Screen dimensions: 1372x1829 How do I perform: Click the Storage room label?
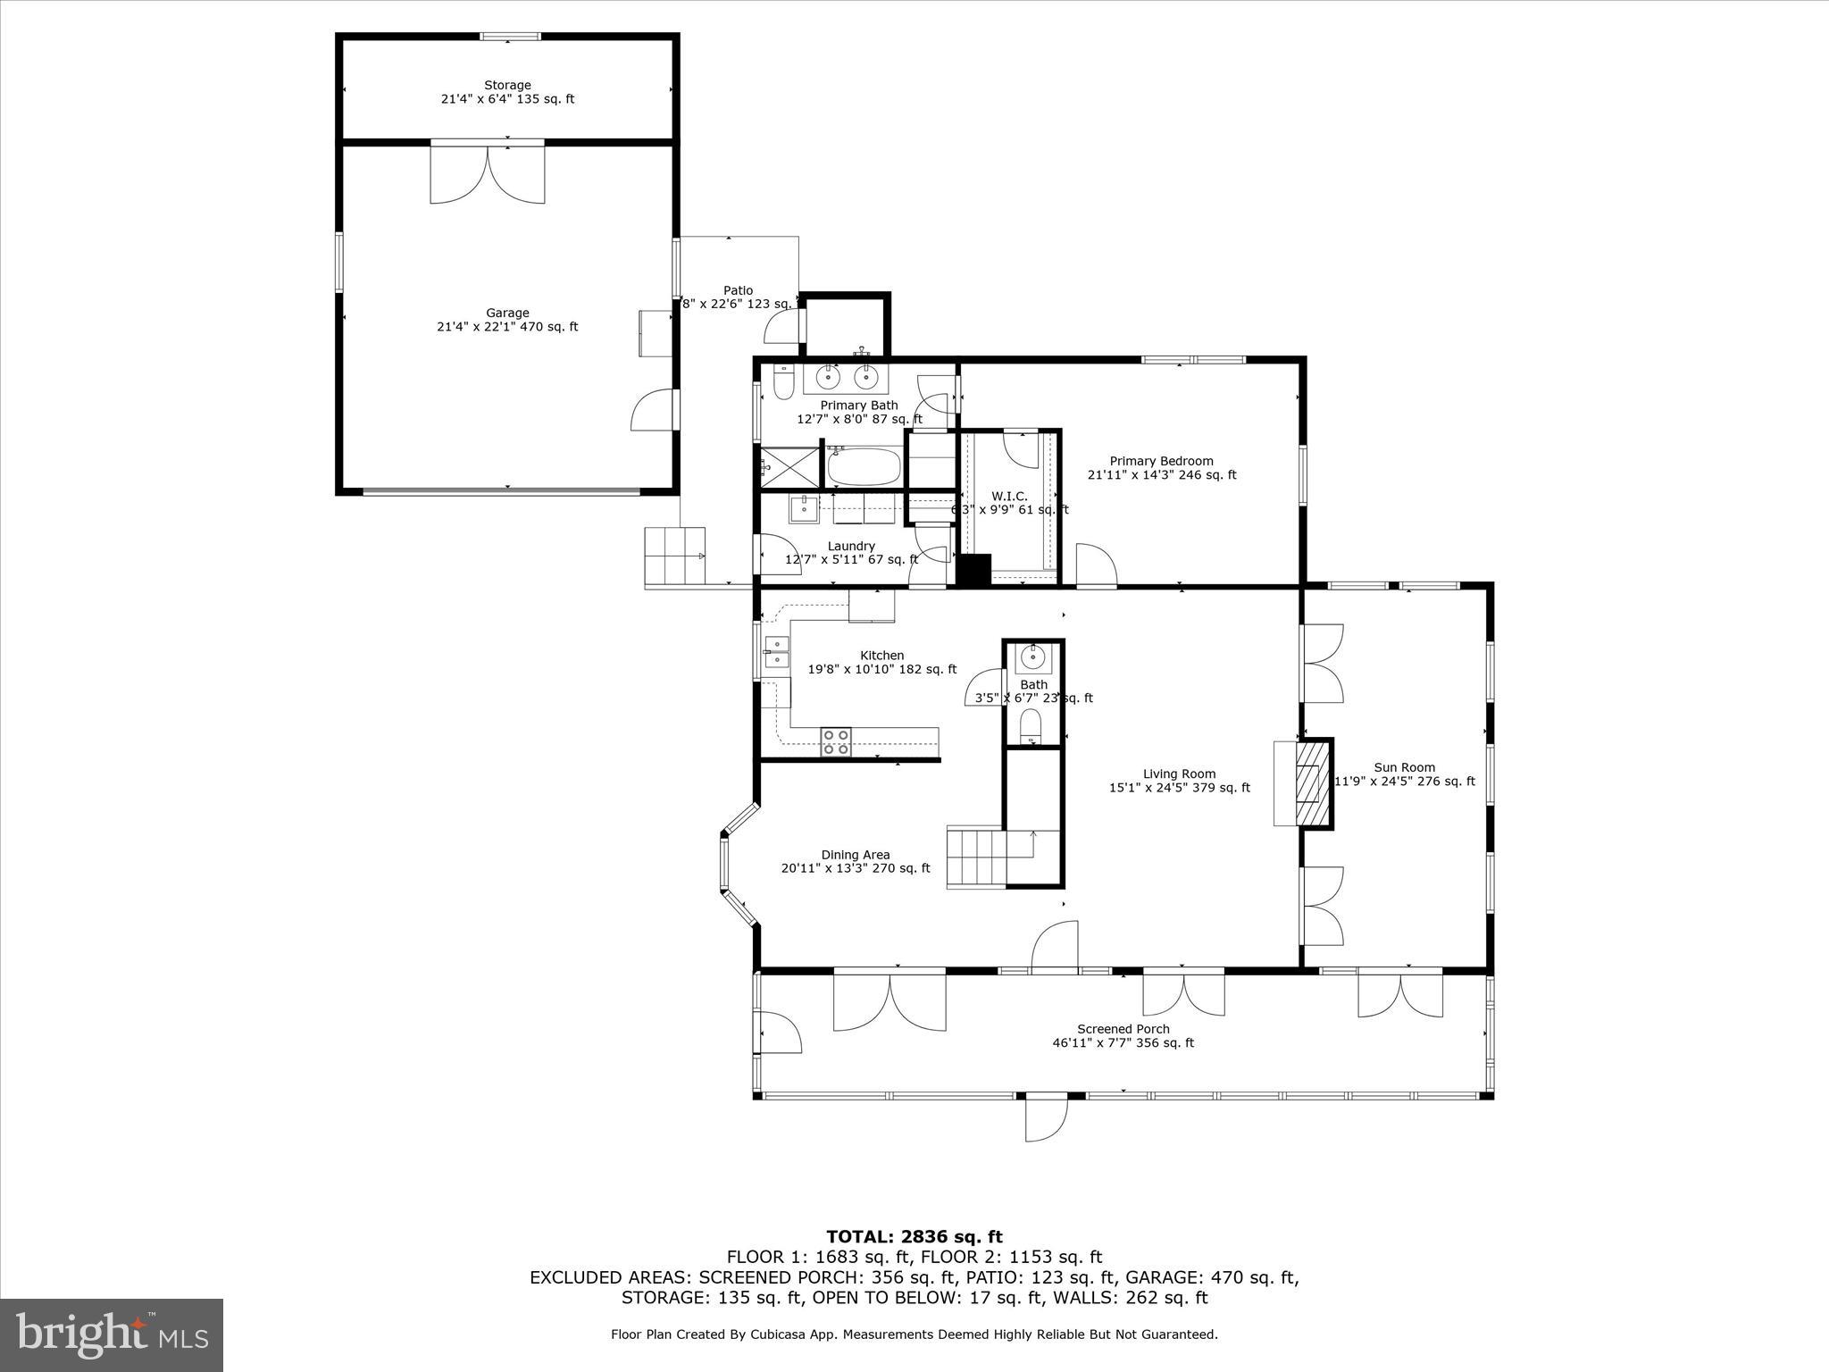pyautogui.click(x=507, y=92)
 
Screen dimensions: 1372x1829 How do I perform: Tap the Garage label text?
pyautogui.click(x=507, y=320)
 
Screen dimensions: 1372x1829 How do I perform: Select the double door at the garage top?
pyautogui.click(x=488, y=171)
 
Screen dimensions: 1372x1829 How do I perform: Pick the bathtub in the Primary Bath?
pyautogui.click(x=864, y=466)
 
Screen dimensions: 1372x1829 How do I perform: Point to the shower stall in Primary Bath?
pyautogui.click(x=789, y=466)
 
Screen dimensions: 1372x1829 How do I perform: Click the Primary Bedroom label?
pyautogui.click(x=1161, y=468)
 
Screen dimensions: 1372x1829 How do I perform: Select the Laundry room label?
pyautogui.click(x=851, y=552)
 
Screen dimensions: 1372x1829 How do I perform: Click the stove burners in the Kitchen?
pyautogui.click(x=836, y=742)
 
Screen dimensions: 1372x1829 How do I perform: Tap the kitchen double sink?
pyautogui.click(x=776, y=652)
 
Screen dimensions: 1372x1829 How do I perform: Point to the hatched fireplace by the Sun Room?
pyautogui.click(x=1309, y=783)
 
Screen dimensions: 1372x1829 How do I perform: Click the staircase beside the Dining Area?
pyautogui.click(x=978, y=857)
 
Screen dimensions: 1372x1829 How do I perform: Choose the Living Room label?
pyautogui.click(x=1179, y=781)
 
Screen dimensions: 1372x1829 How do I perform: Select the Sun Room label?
pyautogui.click(x=1404, y=774)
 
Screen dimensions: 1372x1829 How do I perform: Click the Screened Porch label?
pyautogui.click(x=1123, y=1035)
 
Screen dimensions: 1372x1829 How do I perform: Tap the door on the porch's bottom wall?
pyautogui.click(x=1046, y=1117)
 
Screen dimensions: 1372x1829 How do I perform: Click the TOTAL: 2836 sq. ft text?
pyautogui.click(x=914, y=1236)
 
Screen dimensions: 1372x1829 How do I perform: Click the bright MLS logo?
pyautogui.click(x=112, y=1335)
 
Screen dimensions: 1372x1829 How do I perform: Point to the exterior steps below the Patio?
pyautogui.click(x=674, y=556)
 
